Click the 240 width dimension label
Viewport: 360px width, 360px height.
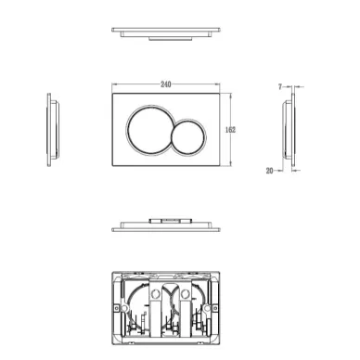[166, 84]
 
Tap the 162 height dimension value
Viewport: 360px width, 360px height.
[230, 130]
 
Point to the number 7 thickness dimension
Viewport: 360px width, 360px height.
[280, 87]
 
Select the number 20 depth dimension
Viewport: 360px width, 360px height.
[269, 171]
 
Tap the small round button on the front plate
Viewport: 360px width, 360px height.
[188, 136]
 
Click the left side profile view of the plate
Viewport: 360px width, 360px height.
[53, 130]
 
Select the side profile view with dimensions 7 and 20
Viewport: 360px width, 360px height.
[289, 130]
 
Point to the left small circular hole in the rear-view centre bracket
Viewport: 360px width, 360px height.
[155, 293]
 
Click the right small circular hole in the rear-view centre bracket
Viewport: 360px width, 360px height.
[186, 293]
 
